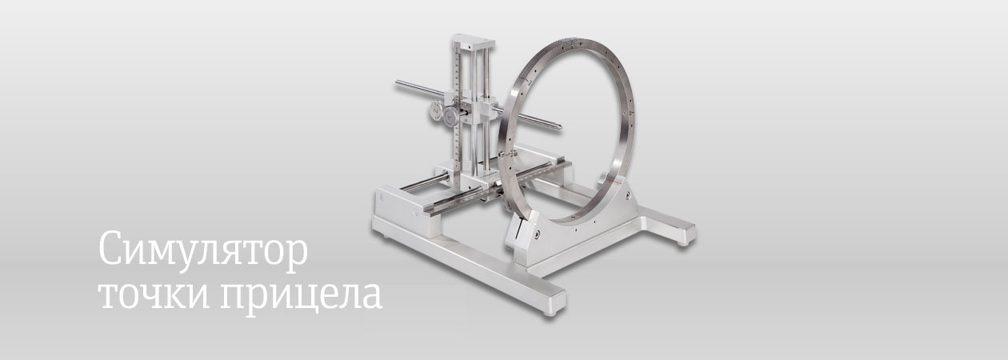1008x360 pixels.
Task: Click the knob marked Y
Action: coord(450,118)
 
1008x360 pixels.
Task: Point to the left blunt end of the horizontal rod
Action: coord(398,82)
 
